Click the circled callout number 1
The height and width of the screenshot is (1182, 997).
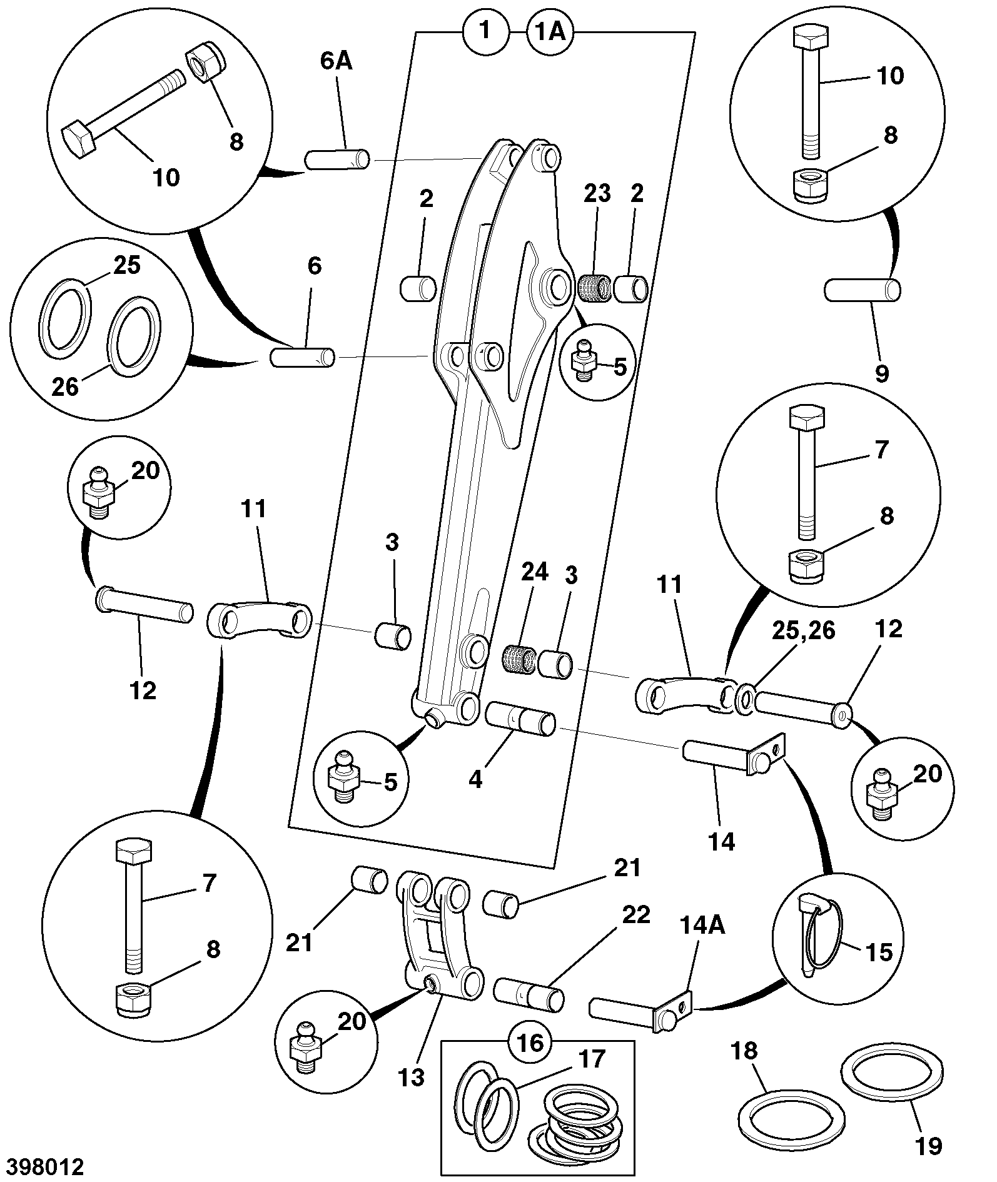point(485,32)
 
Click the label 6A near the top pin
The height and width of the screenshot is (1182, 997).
point(336,62)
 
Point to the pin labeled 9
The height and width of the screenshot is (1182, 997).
point(863,290)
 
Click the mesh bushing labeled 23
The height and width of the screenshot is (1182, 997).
point(594,288)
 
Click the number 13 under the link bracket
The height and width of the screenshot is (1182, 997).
point(411,1076)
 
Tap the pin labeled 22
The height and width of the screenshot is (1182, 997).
point(529,995)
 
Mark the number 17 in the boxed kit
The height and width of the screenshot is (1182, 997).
point(592,1058)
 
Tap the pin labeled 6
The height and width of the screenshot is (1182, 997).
point(303,358)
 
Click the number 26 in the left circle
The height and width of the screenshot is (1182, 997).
point(65,386)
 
